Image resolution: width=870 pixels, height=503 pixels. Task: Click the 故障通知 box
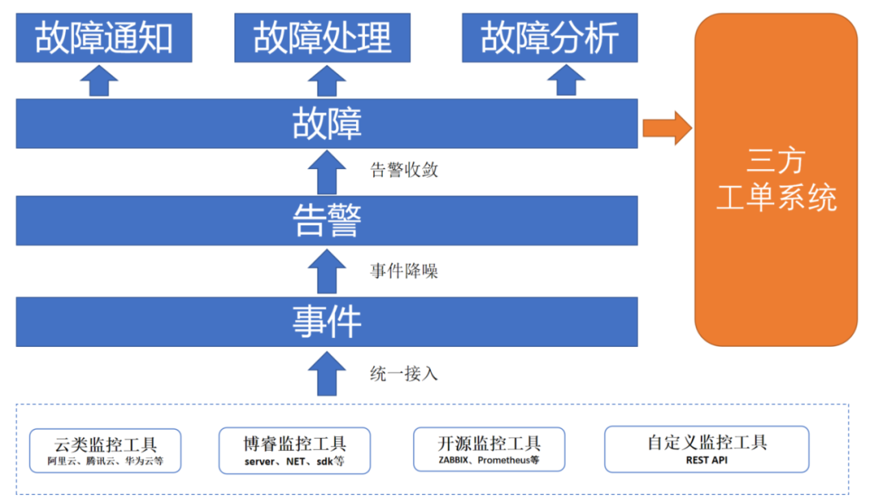pyautogui.click(x=104, y=38)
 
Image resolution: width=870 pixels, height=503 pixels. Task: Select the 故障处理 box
pyautogui.click(x=322, y=38)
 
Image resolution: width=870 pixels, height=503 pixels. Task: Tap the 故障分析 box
pyautogui.click(x=549, y=38)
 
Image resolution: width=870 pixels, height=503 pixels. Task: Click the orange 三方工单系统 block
pyautogui.click(x=776, y=179)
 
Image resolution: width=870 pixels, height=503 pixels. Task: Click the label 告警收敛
pyautogui.click(x=404, y=170)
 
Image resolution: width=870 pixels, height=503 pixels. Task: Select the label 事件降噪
pyautogui.click(x=404, y=271)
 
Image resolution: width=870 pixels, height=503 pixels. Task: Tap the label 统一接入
pyautogui.click(x=404, y=373)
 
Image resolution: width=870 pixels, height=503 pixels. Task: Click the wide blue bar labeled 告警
pyautogui.click(x=326, y=221)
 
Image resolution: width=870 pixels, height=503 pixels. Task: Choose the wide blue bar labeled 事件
pyautogui.click(x=326, y=322)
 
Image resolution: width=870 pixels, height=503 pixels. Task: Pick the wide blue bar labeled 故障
pyautogui.click(x=326, y=124)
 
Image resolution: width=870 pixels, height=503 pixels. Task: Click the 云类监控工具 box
pyautogui.click(x=106, y=450)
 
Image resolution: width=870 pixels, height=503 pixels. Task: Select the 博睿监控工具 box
pyautogui.click(x=295, y=450)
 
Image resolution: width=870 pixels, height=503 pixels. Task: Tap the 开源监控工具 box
pyautogui.click(x=489, y=449)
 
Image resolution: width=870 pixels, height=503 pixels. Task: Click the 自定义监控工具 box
pyautogui.click(x=706, y=449)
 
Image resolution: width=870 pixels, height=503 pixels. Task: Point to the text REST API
pyautogui.click(x=706, y=460)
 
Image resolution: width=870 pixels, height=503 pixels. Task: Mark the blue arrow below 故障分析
pyautogui.click(x=566, y=80)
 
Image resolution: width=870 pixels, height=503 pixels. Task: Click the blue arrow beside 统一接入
pyautogui.click(x=326, y=373)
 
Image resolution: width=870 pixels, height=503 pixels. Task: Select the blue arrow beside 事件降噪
pyautogui.click(x=326, y=271)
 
